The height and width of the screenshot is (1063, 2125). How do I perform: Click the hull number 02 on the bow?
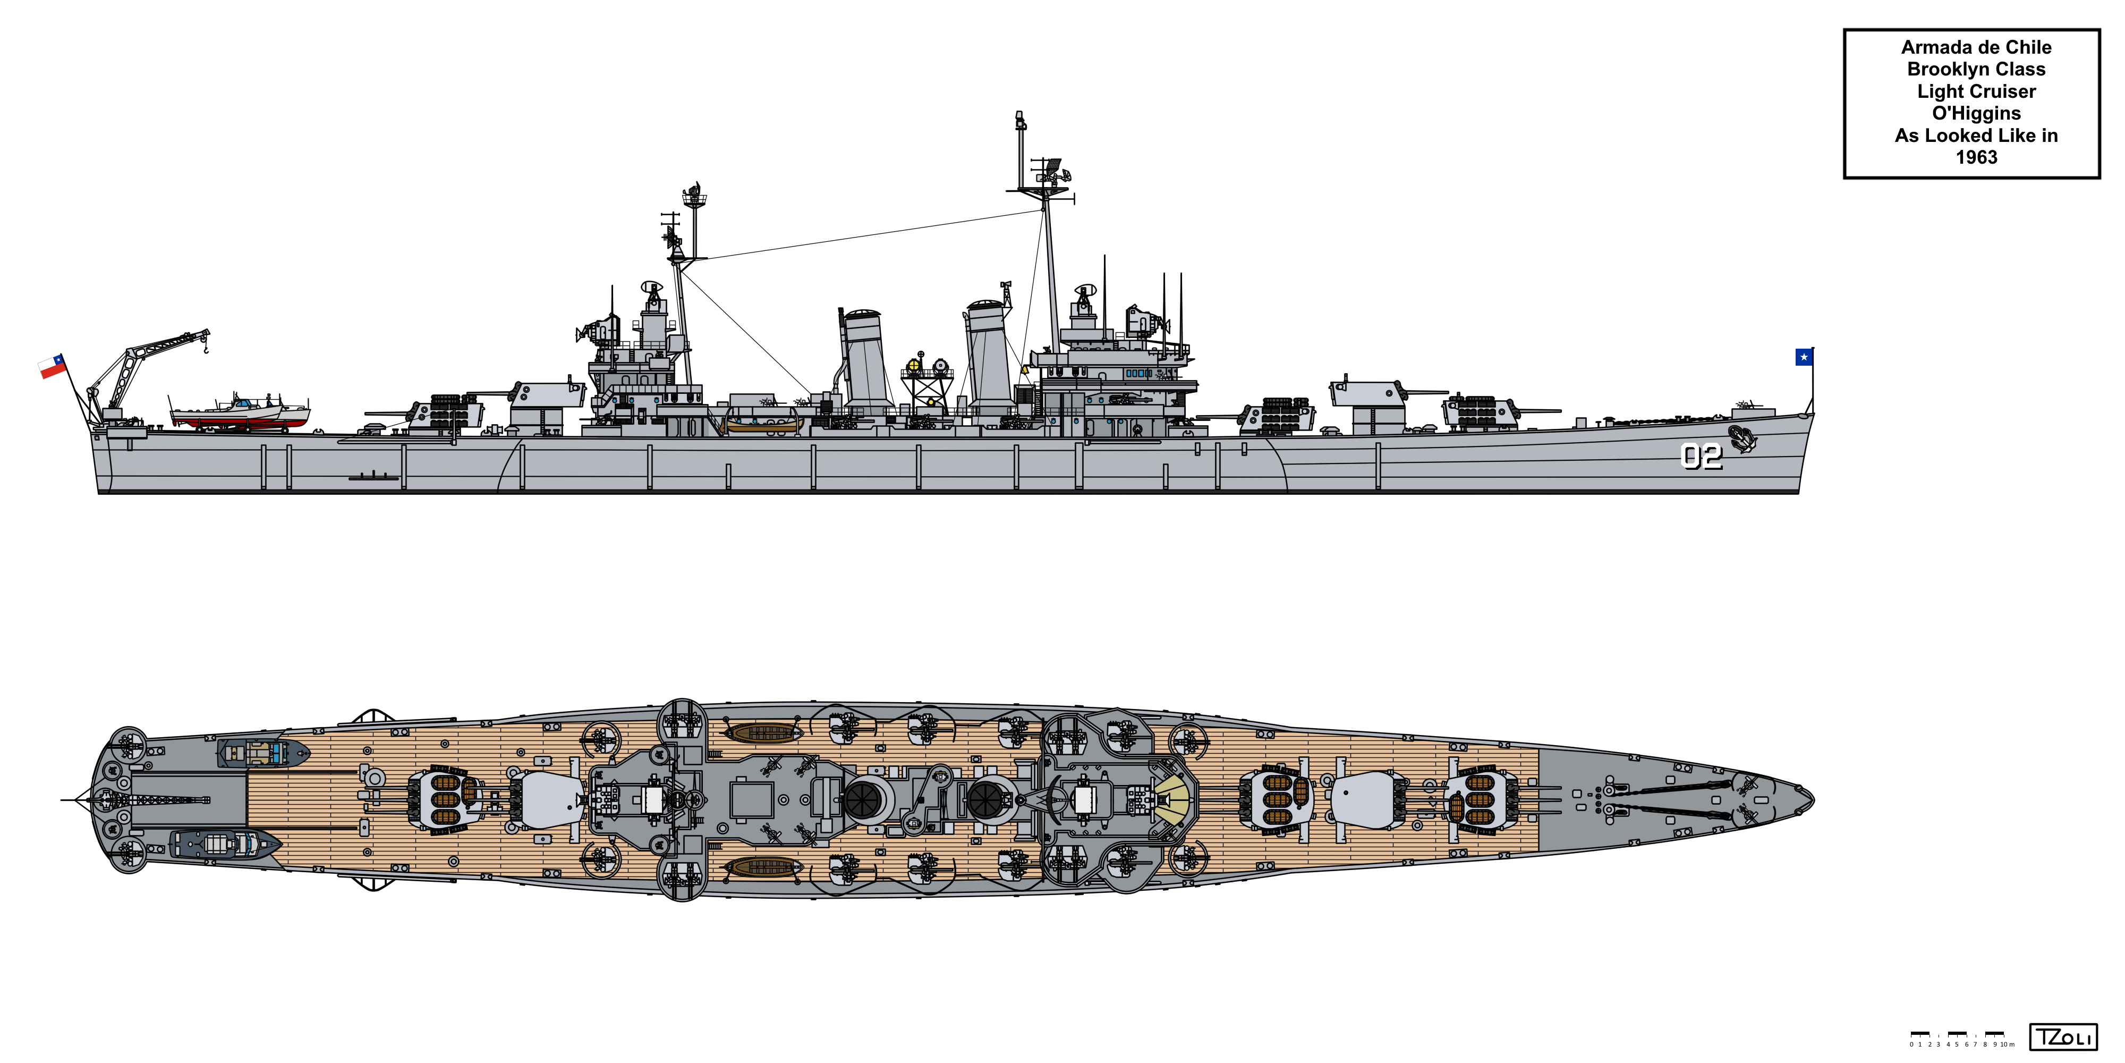click(x=1701, y=457)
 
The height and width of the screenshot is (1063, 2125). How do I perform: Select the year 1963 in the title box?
click(x=1976, y=157)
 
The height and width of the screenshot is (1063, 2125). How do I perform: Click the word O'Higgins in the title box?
click(x=1976, y=113)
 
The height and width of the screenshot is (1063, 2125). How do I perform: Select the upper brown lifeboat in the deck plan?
click(x=763, y=732)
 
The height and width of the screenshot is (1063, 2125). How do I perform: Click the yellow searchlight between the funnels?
click(x=914, y=365)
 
